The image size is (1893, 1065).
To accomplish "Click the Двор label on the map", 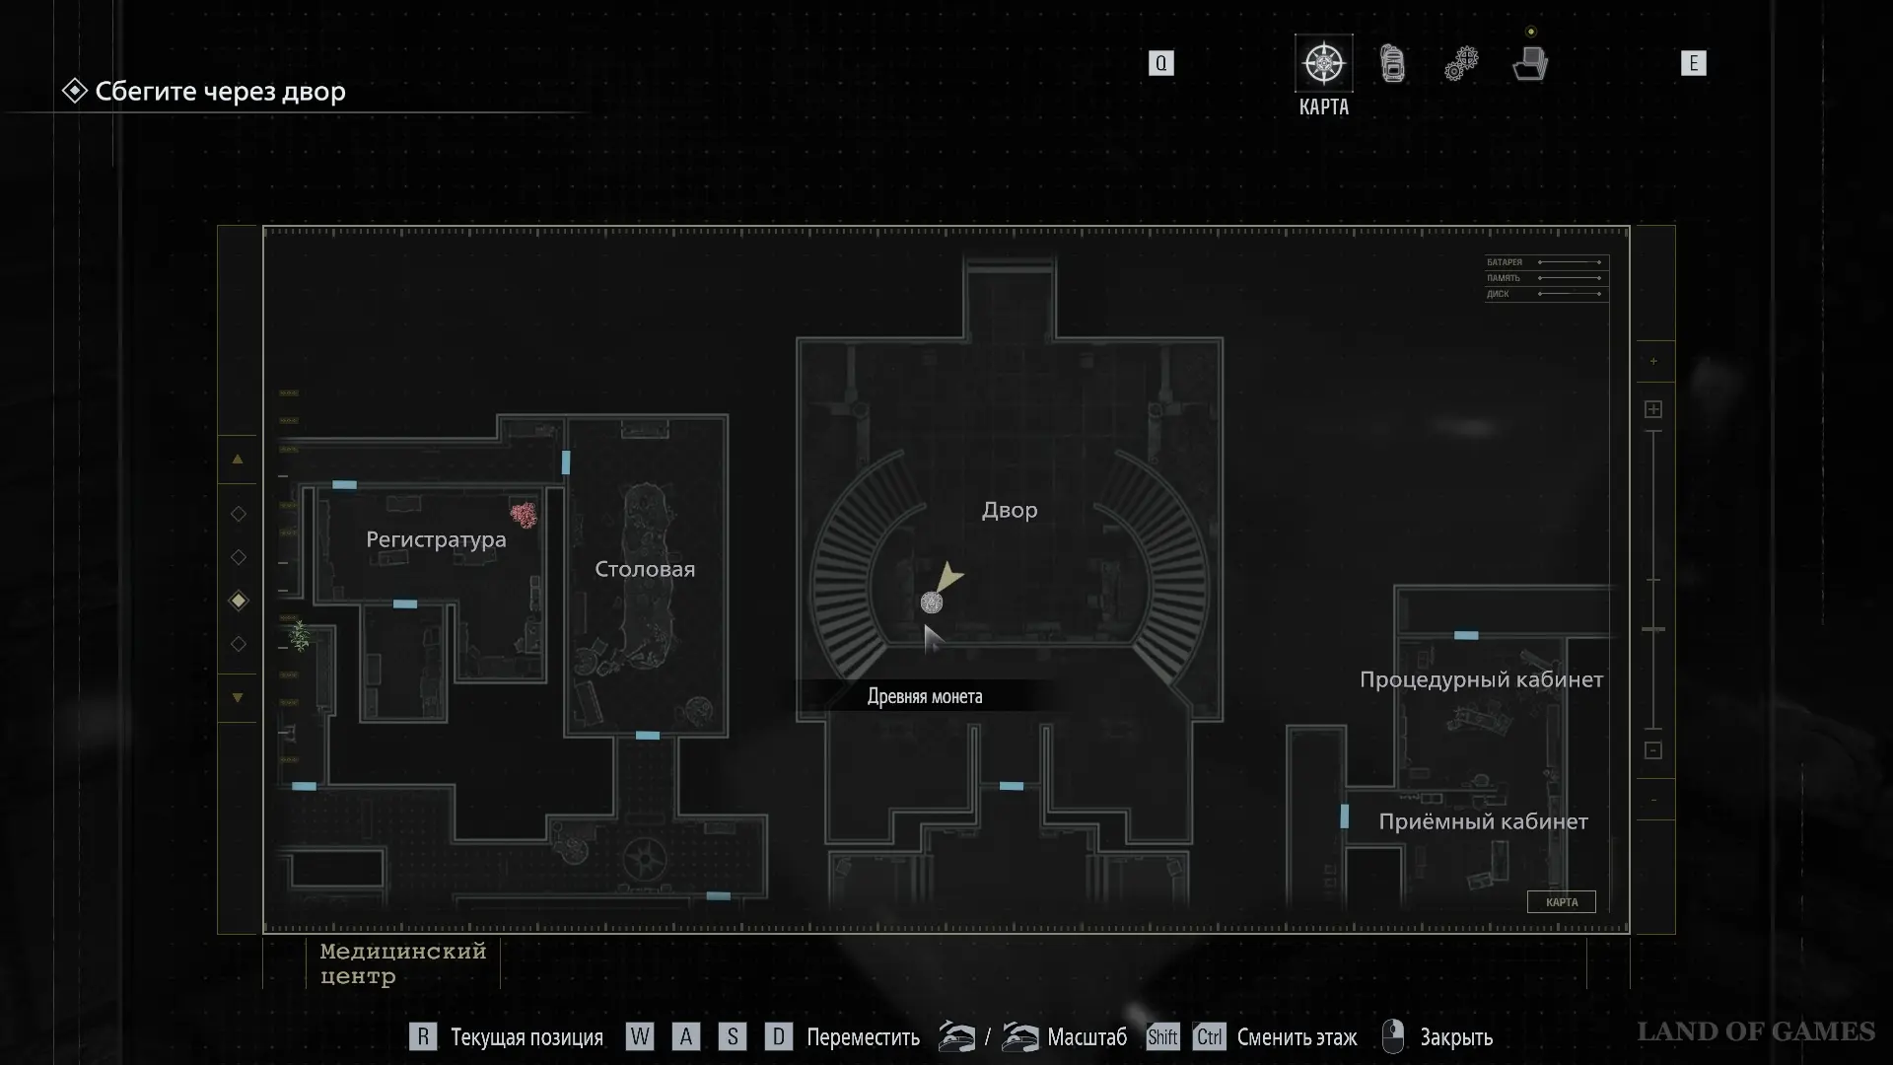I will (1009, 511).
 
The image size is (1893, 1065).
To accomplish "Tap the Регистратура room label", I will (436, 540).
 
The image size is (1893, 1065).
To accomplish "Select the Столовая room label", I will (645, 570).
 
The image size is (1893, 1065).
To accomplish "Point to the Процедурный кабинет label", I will (1481, 680).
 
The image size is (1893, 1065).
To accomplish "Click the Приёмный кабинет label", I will (1483, 822).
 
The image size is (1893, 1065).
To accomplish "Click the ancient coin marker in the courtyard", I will (931, 603).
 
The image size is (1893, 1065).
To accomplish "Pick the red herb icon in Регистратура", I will (524, 515).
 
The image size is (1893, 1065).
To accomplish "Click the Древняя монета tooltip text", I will (925, 697).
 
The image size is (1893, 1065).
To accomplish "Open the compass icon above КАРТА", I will (1323, 64).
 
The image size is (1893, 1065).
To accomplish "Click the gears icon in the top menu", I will (1461, 64).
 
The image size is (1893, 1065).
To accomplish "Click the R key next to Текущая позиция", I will (423, 1037).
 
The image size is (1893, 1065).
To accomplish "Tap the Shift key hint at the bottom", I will (1162, 1037).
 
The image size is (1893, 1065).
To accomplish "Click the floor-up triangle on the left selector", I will (238, 460).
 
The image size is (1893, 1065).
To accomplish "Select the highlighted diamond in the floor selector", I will (238, 601).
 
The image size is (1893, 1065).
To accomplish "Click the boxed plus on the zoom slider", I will (1653, 409).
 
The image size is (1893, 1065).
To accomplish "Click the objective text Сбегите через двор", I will (220, 92).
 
